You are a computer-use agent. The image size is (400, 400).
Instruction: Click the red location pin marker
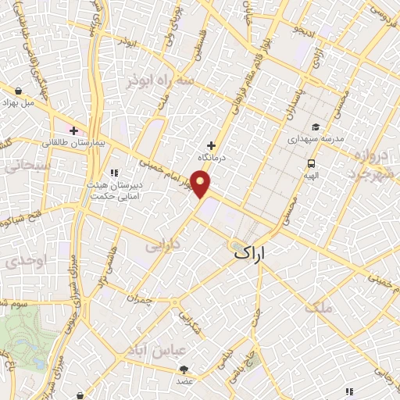[x=202, y=184]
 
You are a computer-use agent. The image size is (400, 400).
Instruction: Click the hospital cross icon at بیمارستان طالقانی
[x=74, y=130]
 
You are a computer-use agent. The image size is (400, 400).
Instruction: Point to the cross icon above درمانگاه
[x=211, y=145]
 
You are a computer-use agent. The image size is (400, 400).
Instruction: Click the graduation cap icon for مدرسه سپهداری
[x=315, y=127]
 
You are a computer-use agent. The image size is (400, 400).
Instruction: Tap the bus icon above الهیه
[x=312, y=163]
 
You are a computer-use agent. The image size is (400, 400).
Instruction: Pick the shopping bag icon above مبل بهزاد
[x=18, y=90]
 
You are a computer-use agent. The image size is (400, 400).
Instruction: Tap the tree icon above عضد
[x=184, y=369]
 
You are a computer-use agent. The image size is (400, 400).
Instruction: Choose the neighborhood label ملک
[x=320, y=308]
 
